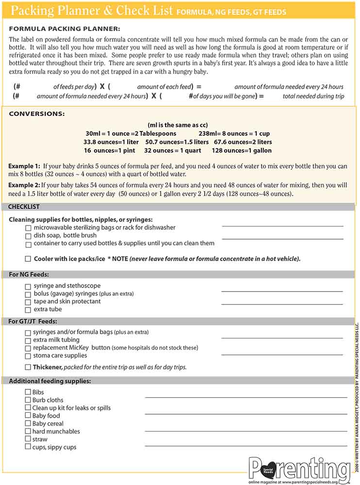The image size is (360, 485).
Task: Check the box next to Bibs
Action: coord(28,392)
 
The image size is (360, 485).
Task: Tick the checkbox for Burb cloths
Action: coord(28,400)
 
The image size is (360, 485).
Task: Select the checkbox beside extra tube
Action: coord(28,309)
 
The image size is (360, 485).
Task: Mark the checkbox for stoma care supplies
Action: coord(28,356)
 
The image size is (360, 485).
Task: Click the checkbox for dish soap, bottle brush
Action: coord(28,236)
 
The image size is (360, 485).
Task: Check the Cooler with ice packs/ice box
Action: coord(28,259)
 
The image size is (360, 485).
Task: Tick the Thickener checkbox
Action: coord(28,367)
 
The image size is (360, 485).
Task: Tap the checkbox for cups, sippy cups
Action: coord(28,447)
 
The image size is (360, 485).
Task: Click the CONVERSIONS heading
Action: coord(36,114)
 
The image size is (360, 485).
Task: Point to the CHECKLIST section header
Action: coord(24,207)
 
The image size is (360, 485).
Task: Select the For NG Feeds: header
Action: coord(29,275)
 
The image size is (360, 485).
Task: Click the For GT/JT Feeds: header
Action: coord(33,321)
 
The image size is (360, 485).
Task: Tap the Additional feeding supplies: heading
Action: coord(50,381)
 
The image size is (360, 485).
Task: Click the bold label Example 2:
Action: coord(24,185)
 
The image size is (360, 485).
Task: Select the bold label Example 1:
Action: coord(24,166)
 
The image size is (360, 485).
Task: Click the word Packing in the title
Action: coord(33,10)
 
